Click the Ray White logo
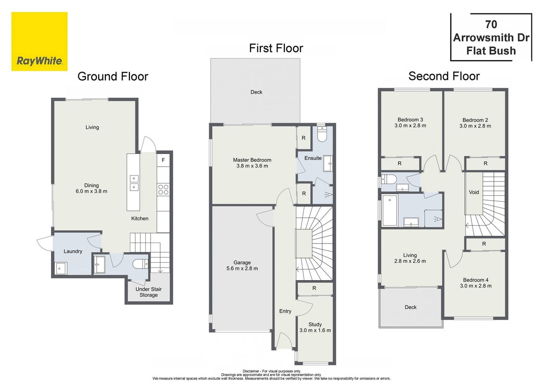(39, 42)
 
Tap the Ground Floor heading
(113, 77)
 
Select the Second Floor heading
(444, 76)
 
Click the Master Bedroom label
(252, 163)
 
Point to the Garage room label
(242, 266)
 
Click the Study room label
(315, 327)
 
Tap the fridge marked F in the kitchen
(163, 160)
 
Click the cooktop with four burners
(163, 190)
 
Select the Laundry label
(73, 251)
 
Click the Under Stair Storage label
(149, 292)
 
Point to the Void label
(474, 192)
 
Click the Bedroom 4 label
(476, 283)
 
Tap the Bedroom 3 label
(410, 123)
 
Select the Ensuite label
(313, 158)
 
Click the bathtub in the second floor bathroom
(390, 210)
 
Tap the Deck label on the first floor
(256, 92)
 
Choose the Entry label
(285, 311)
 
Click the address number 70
(491, 24)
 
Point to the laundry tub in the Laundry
(61, 269)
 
